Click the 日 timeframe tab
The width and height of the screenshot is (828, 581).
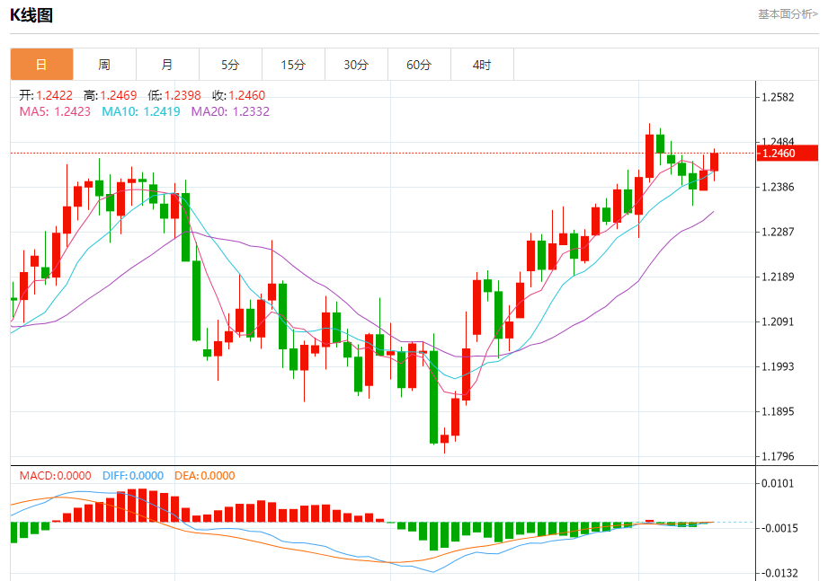tap(41, 65)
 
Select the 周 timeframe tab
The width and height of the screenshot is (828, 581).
tap(104, 65)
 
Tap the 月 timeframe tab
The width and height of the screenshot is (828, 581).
tap(167, 65)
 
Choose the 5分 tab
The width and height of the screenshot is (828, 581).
tap(230, 65)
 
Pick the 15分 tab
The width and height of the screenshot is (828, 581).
tap(293, 65)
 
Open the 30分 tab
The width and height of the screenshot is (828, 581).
tap(356, 65)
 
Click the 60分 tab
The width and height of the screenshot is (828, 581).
tap(419, 65)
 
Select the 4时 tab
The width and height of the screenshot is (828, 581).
tap(482, 65)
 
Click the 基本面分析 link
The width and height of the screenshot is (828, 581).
tap(788, 13)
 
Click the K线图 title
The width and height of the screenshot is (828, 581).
tap(31, 15)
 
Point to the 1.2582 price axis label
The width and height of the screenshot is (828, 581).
tap(779, 97)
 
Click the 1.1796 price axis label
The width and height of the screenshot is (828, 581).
tap(779, 457)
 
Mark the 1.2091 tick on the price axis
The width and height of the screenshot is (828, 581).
tap(779, 321)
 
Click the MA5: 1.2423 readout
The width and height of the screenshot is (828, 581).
tap(55, 111)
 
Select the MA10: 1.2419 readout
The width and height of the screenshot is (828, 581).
tap(140, 111)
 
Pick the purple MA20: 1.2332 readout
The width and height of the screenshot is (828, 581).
tap(230, 111)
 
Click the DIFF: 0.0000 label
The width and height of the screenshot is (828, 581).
tap(133, 476)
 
